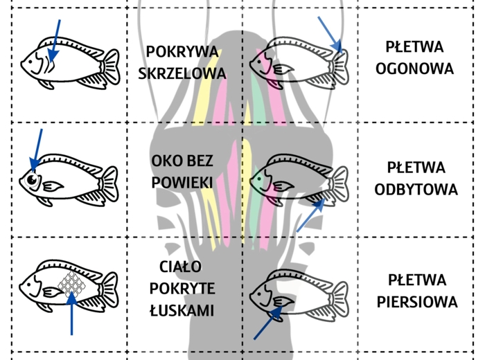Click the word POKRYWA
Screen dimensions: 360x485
[182, 52]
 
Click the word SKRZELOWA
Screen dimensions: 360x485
[182, 73]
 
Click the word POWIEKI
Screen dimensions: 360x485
[182, 183]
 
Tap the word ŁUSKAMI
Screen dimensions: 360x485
[182, 312]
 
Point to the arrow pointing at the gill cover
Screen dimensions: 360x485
[55, 41]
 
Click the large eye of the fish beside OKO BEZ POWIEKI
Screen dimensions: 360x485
[33, 180]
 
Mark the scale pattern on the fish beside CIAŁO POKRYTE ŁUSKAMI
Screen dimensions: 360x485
[71, 285]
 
